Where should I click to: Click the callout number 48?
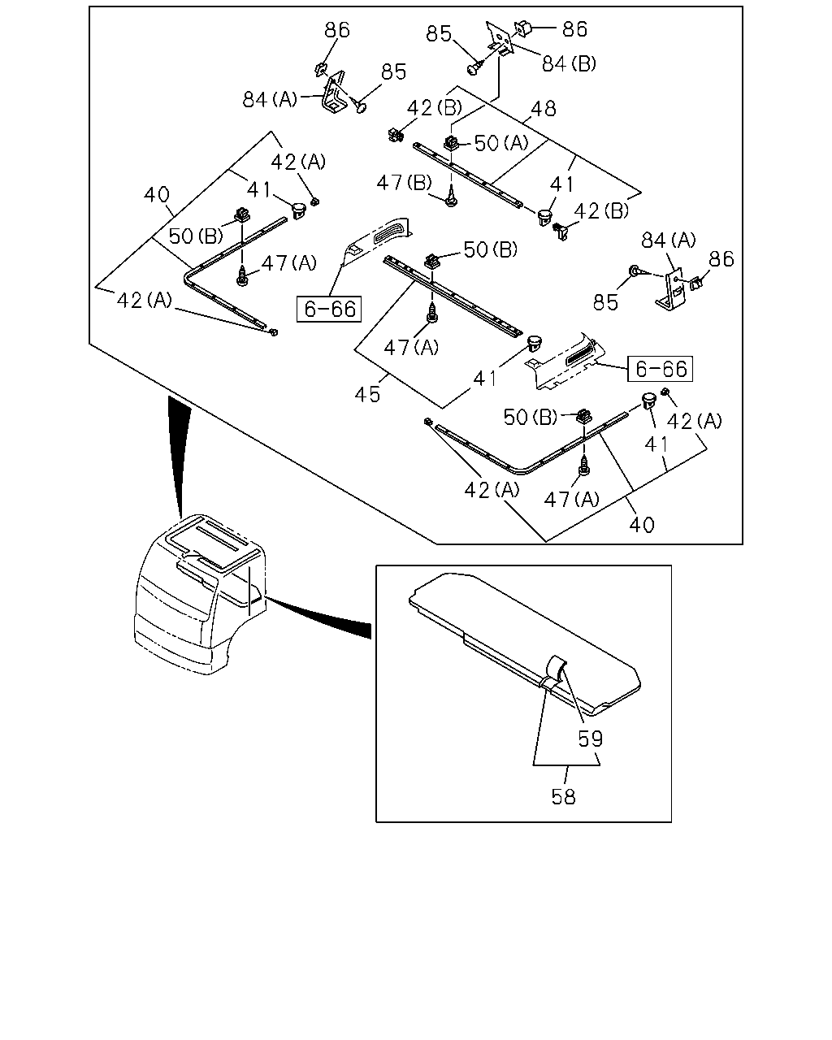543,109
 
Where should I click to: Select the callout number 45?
367,394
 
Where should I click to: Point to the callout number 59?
590,739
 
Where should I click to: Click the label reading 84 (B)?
569,63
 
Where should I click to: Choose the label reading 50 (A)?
501,143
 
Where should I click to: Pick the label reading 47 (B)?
404,183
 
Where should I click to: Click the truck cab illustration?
200,595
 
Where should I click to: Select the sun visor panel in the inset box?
525,643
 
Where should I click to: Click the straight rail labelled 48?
468,175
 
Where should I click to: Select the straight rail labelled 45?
453,296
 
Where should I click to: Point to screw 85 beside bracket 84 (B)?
474,67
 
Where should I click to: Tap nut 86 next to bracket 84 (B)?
522,29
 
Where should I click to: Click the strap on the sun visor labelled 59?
553,672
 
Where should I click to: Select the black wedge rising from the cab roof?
179,454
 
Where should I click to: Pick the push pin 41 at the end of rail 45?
533,344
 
